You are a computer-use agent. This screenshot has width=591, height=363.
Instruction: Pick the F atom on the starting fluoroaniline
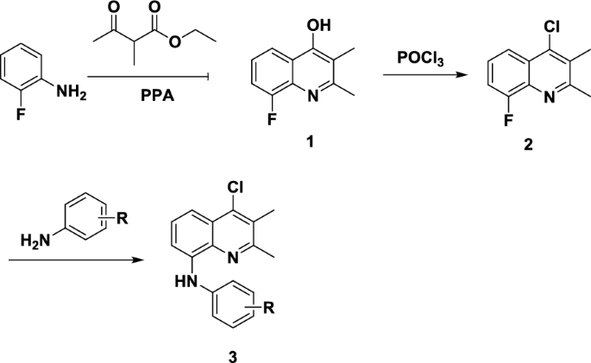[x=18, y=111]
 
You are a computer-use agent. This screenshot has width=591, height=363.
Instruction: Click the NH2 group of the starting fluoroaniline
[x=72, y=85]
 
